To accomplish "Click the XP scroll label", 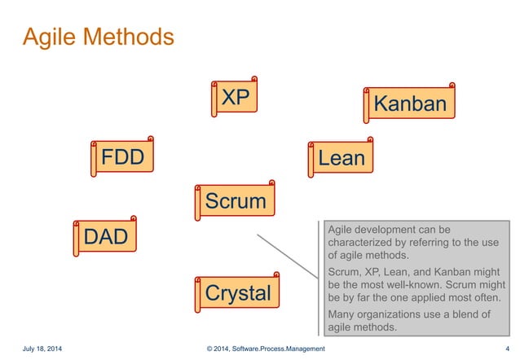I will (x=236, y=99).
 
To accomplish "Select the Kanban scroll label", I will (x=410, y=104).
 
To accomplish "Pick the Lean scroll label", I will (x=341, y=158).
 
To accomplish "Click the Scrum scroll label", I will (x=235, y=201).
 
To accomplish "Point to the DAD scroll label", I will (x=106, y=238).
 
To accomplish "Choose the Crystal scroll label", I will (x=237, y=293).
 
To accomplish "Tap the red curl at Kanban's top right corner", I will (x=452, y=84).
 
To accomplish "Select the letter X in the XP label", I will (x=228, y=99).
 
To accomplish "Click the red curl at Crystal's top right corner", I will (x=276, y=274).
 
